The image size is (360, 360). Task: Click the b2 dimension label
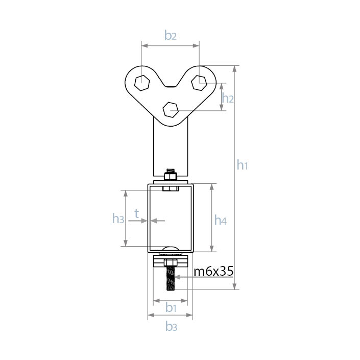[171, 35]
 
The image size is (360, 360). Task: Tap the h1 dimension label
[242, 165]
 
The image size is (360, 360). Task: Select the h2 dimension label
[228, 98]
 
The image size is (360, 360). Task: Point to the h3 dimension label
[118, 218]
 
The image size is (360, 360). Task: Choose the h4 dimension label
[221, 220]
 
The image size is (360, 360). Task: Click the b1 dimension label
[171, 307]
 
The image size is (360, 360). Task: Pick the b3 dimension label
[171, 326]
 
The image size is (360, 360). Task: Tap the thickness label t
[137, 213]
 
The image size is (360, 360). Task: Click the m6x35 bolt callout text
[213, 271]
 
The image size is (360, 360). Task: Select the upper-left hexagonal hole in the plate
[142, 83]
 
